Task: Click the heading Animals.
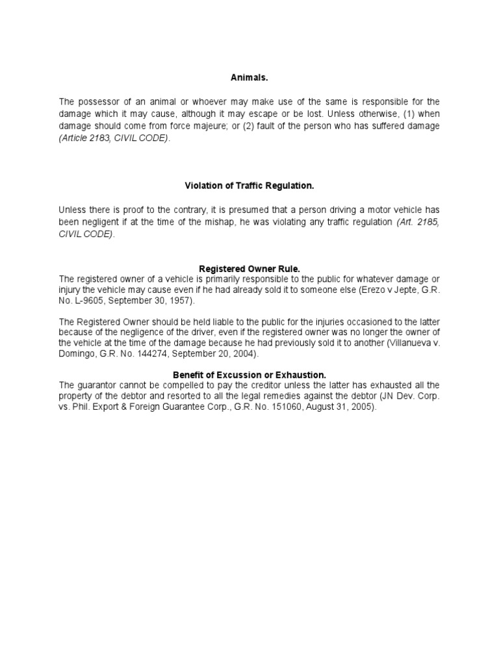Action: (x=249, y=78)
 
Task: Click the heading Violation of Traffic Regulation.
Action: (x=249, y=186)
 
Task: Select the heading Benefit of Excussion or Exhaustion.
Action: (x=249, y=375)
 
